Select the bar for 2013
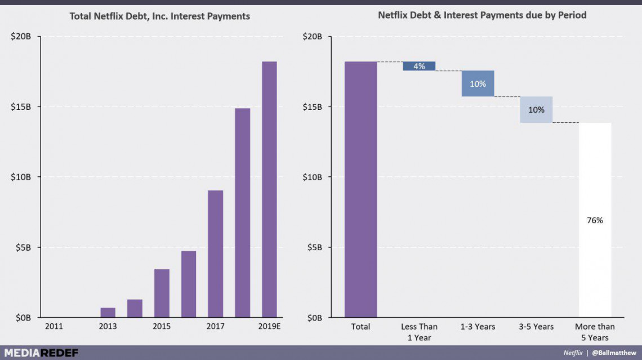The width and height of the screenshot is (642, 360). [108, 312]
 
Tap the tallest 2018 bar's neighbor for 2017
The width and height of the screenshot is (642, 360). [215, 254]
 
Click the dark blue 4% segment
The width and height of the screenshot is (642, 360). [419, 66]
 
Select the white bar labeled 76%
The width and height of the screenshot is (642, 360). [595, 220]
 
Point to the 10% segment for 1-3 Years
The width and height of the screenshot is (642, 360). [478, 83]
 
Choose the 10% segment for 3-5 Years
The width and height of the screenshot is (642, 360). [536, 109]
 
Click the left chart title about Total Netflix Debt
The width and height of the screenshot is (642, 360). [159, 16]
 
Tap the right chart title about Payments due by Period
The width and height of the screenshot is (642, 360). [482, 15]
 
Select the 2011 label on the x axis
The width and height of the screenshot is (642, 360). [53, 327]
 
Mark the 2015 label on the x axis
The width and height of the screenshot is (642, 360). [162, 327]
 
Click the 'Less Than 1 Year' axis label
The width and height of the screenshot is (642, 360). [419, 332]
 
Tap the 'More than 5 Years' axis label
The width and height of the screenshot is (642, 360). [595, 332]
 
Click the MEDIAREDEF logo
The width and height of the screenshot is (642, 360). [39, 353]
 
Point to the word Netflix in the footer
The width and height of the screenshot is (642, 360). [573, 353]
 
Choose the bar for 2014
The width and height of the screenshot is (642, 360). [135, 308]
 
